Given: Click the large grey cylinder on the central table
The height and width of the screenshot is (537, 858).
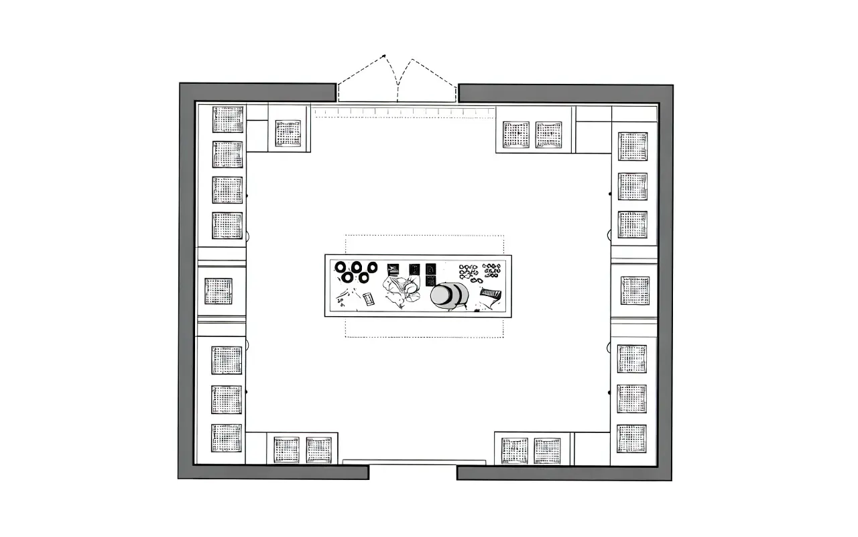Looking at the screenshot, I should [446, 295].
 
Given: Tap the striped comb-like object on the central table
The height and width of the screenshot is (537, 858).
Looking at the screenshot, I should [492, 293].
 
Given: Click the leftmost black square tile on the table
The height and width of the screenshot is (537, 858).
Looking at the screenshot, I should [393, 269].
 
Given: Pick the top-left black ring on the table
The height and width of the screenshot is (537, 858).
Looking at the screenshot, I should [341, 268].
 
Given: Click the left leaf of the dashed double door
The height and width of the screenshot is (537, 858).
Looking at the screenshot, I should [362, 77].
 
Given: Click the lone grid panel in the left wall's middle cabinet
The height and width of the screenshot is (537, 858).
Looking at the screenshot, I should [219, 291].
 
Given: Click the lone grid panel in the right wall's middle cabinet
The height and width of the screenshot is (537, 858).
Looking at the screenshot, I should [634, 290].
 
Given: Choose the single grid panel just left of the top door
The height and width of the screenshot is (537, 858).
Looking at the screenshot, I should [288, 134].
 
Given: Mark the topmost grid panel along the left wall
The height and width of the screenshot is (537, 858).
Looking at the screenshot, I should [228, 119].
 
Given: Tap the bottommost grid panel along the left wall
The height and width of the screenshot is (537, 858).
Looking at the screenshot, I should [227, 438].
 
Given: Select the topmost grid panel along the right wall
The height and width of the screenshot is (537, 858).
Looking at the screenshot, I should [633, 146].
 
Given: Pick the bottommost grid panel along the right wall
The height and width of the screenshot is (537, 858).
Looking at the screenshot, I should [631, 438].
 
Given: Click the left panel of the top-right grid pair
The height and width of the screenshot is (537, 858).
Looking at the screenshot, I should [516, 135].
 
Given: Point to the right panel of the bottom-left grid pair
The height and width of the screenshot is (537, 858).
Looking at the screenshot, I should [319, 450].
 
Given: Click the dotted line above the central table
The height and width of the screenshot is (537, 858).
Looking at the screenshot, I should [424, 236].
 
